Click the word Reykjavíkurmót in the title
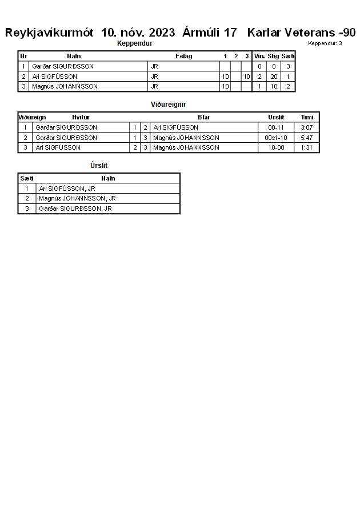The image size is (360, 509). [x=49, y=33]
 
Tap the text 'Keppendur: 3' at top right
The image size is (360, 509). [x=325, y=43]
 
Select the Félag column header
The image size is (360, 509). [x=183, y=56]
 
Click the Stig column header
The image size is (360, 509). [x=273, y=56]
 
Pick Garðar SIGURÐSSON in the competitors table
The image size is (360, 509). [x=63, y=66]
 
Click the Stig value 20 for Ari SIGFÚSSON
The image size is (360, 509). [x=274, y=77]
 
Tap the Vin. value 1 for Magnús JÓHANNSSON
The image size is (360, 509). [x=259, y=86]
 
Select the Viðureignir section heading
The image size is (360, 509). [x=168, y=105]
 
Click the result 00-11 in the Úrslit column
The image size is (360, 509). [x=276, y=127]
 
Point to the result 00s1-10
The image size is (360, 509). [x=276, y=138]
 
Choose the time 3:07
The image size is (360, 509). [x=307, y=127]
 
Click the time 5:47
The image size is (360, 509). [x=307, y=138]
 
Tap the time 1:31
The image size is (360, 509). [x=307, y=147]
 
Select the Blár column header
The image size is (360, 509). [x=204, y=117]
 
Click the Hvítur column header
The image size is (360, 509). [x=81, y=117]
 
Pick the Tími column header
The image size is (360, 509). [x=307, y=117]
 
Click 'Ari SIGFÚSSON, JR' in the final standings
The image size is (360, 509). [x=67, y=189]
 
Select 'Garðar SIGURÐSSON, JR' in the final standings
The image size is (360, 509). [x=75, y=209]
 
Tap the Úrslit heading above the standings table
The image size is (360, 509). [x=99, y=166]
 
